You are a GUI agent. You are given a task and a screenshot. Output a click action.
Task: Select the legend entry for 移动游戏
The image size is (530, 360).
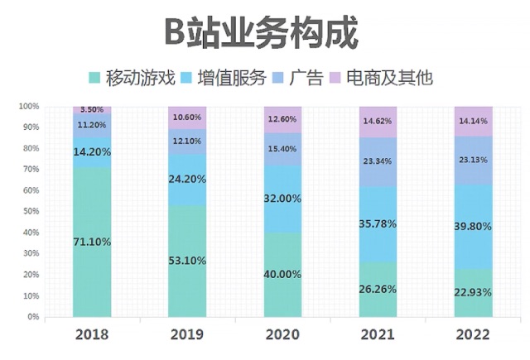pos(132,79)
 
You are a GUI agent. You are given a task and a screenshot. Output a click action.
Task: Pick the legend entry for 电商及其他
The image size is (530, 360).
pos(381,79)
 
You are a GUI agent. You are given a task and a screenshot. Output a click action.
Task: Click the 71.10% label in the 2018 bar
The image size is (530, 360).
pos(92,242)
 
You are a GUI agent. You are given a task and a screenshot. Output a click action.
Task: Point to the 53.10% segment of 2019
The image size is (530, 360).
pos(187,261)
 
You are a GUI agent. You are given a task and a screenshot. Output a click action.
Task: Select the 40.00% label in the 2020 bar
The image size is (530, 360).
pos(283,275)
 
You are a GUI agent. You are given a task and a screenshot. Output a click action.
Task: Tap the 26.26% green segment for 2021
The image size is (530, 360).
pos(378,290)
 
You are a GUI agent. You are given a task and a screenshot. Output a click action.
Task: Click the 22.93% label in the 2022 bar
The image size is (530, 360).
pos(474,292)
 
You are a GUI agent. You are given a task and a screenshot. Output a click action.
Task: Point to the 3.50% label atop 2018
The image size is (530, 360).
pos(92,109)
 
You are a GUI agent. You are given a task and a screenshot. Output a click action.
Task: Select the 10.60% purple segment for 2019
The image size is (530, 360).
pos(187,117)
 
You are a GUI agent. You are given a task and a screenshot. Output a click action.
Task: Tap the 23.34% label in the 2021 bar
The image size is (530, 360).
pos(378,161)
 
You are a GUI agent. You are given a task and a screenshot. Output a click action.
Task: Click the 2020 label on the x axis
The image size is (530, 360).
pos(283,335)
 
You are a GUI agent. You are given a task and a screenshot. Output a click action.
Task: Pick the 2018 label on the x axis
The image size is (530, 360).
pos(92,335)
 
